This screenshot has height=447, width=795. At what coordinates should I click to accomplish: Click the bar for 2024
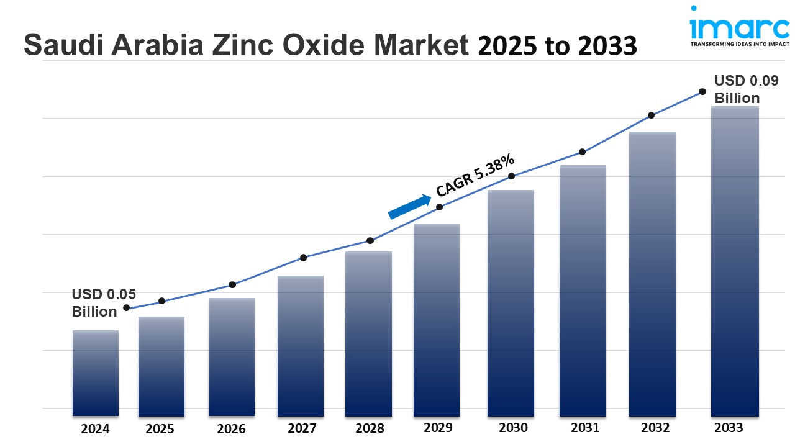pos(95,372)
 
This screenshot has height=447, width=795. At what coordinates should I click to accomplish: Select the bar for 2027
pos(301,345)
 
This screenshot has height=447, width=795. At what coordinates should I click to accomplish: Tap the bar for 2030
pos(511,302)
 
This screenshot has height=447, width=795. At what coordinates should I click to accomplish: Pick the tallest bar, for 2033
pos(735,261)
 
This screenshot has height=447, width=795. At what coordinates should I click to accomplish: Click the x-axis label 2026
pos(231,429)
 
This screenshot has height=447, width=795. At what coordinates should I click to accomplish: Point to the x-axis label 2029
pos(438,428)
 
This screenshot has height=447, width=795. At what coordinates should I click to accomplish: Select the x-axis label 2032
pos(655,428)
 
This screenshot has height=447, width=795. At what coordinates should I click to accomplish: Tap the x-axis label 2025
pos(160,429)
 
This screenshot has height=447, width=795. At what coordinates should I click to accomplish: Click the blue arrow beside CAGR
pos(409,207)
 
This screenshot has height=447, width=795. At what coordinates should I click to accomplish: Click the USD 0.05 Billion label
pos(103,303)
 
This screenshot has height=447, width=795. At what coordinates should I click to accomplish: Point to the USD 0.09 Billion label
pos(737,89)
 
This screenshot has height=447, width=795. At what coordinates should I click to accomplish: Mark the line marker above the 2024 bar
pos(127,307)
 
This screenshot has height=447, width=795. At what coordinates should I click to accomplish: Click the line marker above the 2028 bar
pos(370,240)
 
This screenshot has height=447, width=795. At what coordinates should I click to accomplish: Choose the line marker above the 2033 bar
pos(702,91)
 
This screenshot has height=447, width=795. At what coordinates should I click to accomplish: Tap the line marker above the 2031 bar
pos(583,151)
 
